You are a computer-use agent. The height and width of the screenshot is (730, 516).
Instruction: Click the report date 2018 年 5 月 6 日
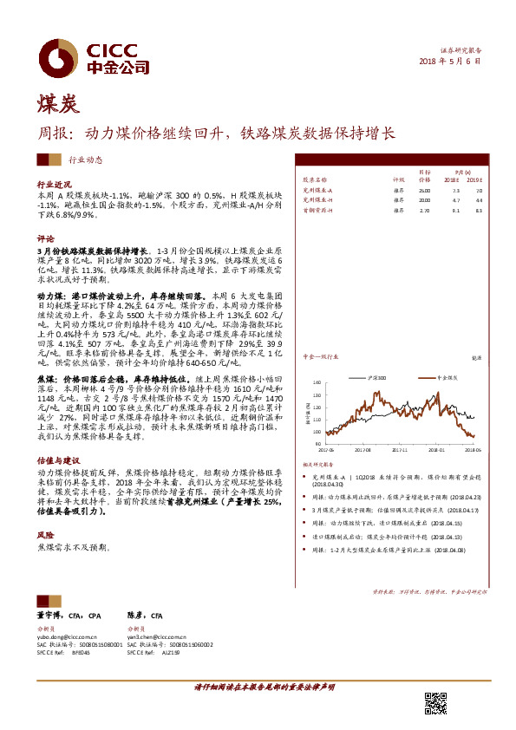[x=450, y=62]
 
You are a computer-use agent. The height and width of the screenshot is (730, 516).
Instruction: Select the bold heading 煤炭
[x=57, y=106]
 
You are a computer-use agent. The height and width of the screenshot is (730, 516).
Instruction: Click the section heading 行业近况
[x=54, y=186]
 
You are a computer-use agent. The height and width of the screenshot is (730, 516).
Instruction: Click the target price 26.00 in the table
[x=424, y=189]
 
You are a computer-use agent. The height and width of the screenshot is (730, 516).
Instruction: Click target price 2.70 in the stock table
[x=424, y=210]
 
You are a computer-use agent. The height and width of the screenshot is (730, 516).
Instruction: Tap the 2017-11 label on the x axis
[x=399, y=450]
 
